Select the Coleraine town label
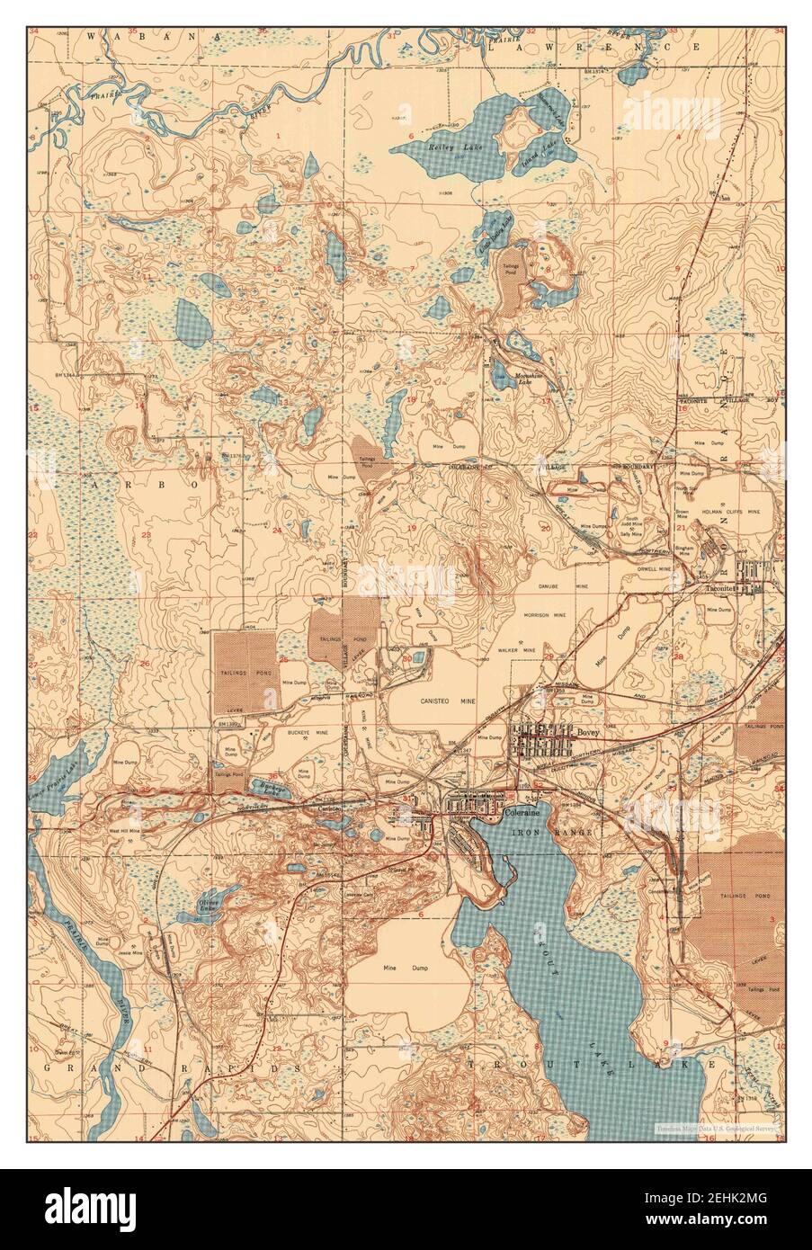point(522,812)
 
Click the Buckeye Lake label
point(266,786)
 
